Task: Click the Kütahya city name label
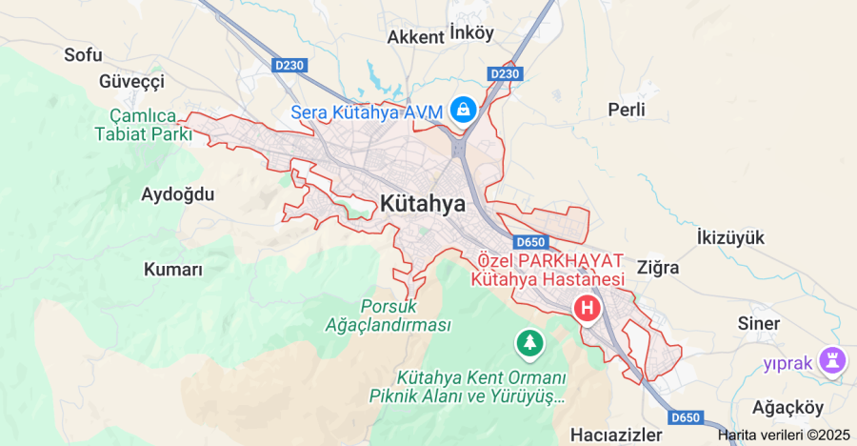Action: tap(423, 203)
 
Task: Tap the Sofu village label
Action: tap(83, 54)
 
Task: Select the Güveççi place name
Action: tap(132, 81)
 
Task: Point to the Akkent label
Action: tap(416, 37)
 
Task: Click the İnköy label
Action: tap(472, 33)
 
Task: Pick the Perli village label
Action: tap(627, 110)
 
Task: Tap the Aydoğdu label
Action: tap(178, 194)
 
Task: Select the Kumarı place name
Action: tap(173, 270)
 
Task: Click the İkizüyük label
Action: tap(730, 237)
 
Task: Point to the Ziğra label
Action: tap(658, 268)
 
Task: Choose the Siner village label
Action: tap(759, 323)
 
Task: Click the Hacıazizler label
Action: tap(616, 435)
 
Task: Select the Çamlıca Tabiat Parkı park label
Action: tap(144, 124)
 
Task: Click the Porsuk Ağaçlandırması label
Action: tap(401, 315)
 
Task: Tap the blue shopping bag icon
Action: tap(463, 109)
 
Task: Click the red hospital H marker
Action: tap(588, 308)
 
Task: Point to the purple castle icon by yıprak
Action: tap(835, 360)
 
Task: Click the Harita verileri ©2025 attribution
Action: tap(783, 435)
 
